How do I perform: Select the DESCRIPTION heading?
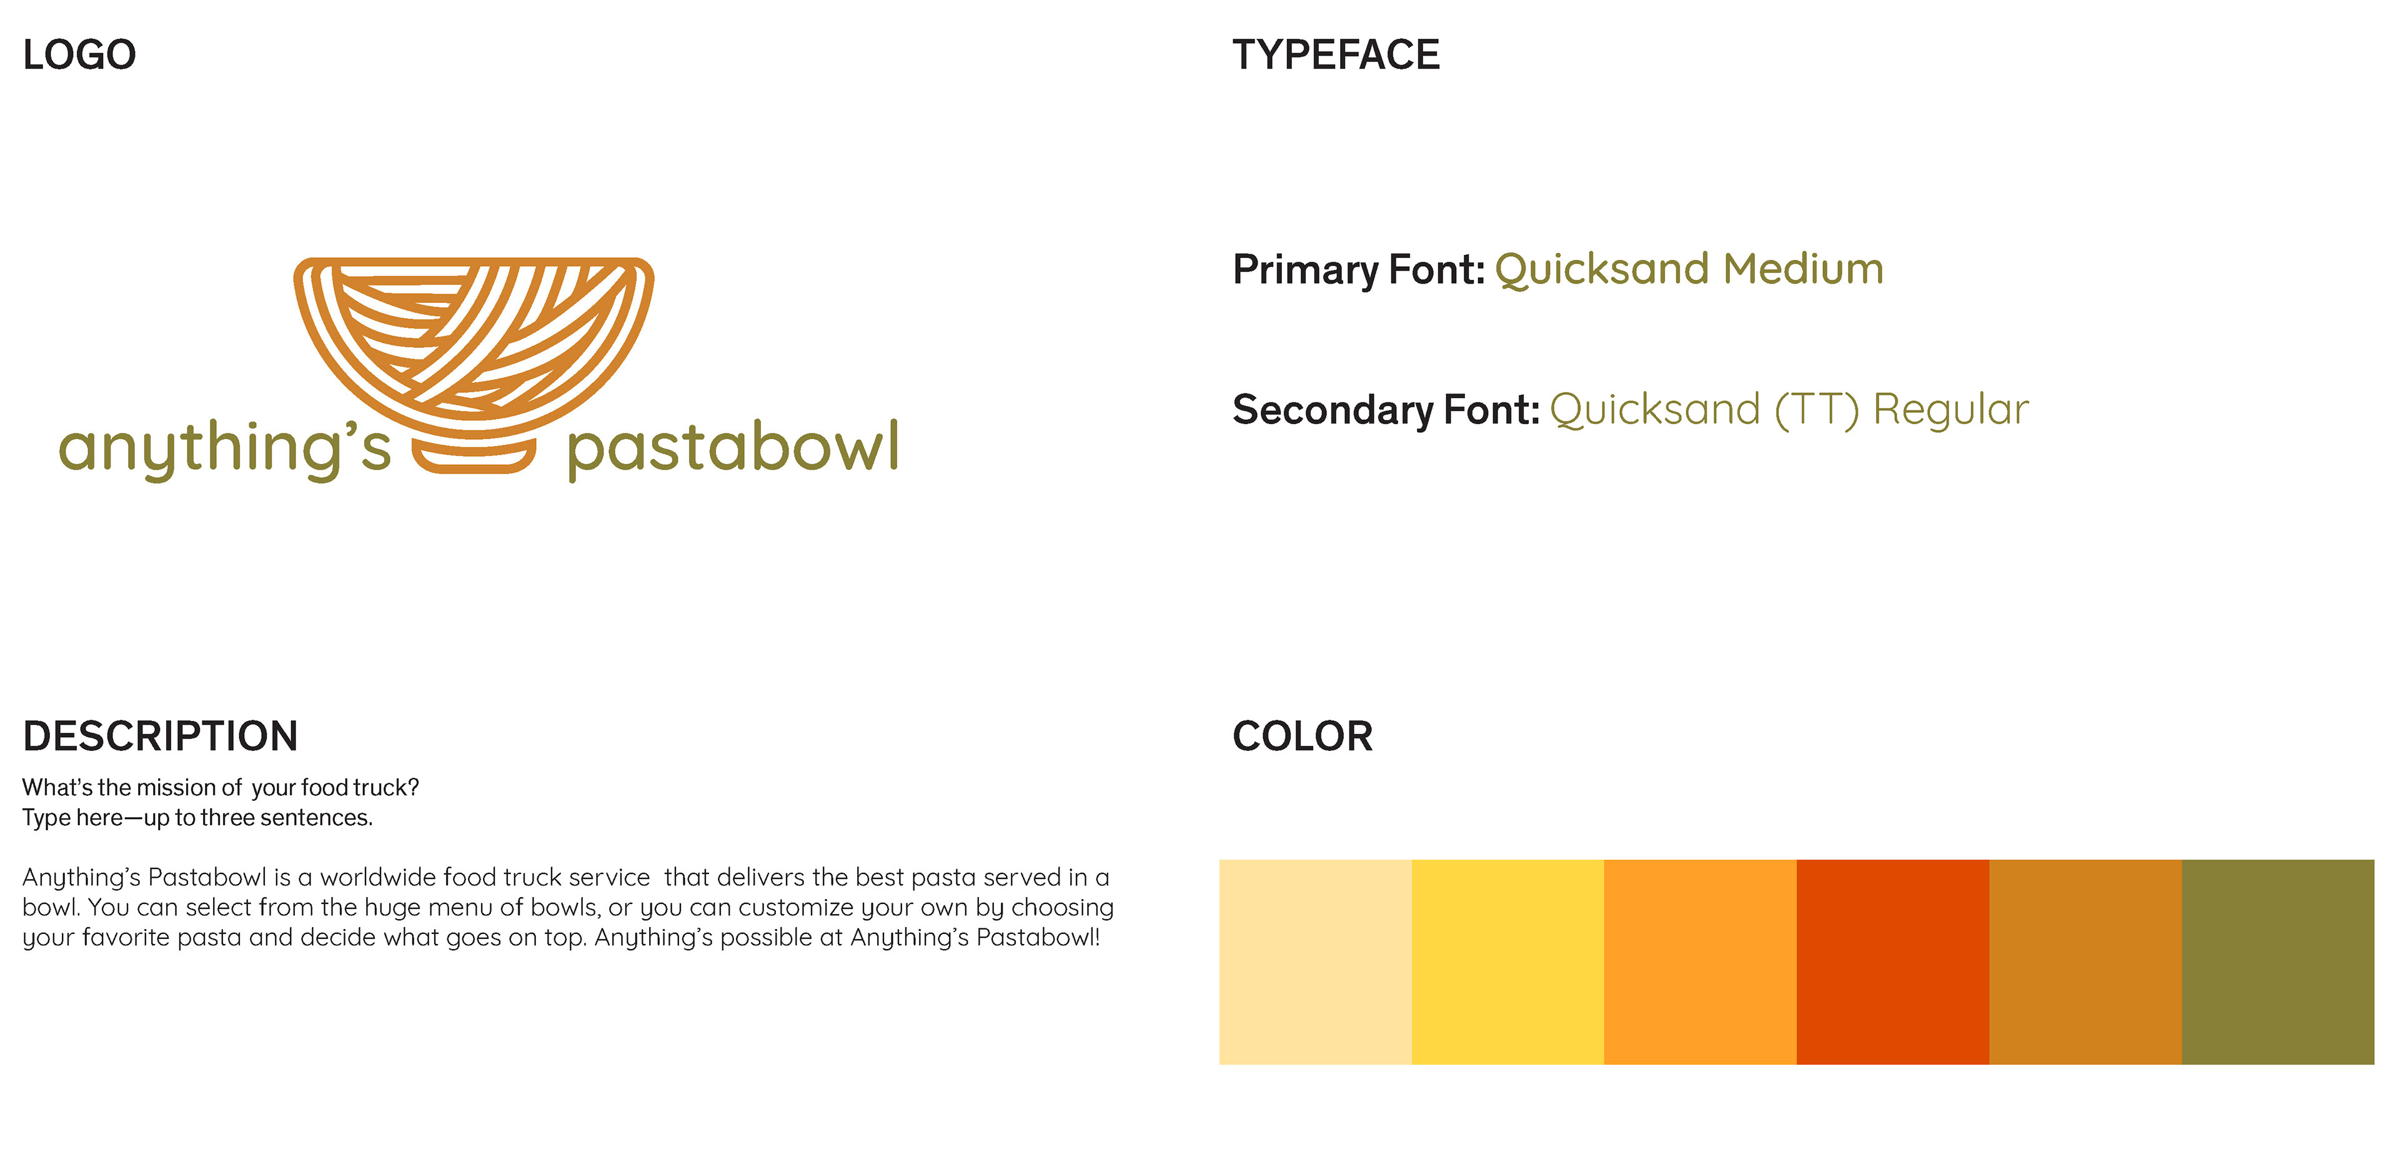[x=160, y=736]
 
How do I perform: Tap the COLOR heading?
[x=1302, y=736]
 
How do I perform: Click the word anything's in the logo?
[x=224, y=449]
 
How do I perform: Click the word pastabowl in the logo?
[x=732, y=449]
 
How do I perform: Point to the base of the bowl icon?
[x=474, y=457]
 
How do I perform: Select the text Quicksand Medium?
[x=1689, y=269]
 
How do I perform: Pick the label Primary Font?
[x=1358, y=269]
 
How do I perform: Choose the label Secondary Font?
[x=1386, y=410]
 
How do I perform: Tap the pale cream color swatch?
[x=1315, y=961]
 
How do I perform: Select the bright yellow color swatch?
[x=1507, y=961]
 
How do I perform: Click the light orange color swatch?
[x=1701, y=961]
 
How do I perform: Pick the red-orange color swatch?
[x=1892, y=961]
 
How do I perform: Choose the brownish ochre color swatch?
[x=2085, y=961]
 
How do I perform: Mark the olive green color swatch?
[x=2278, y=961]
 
